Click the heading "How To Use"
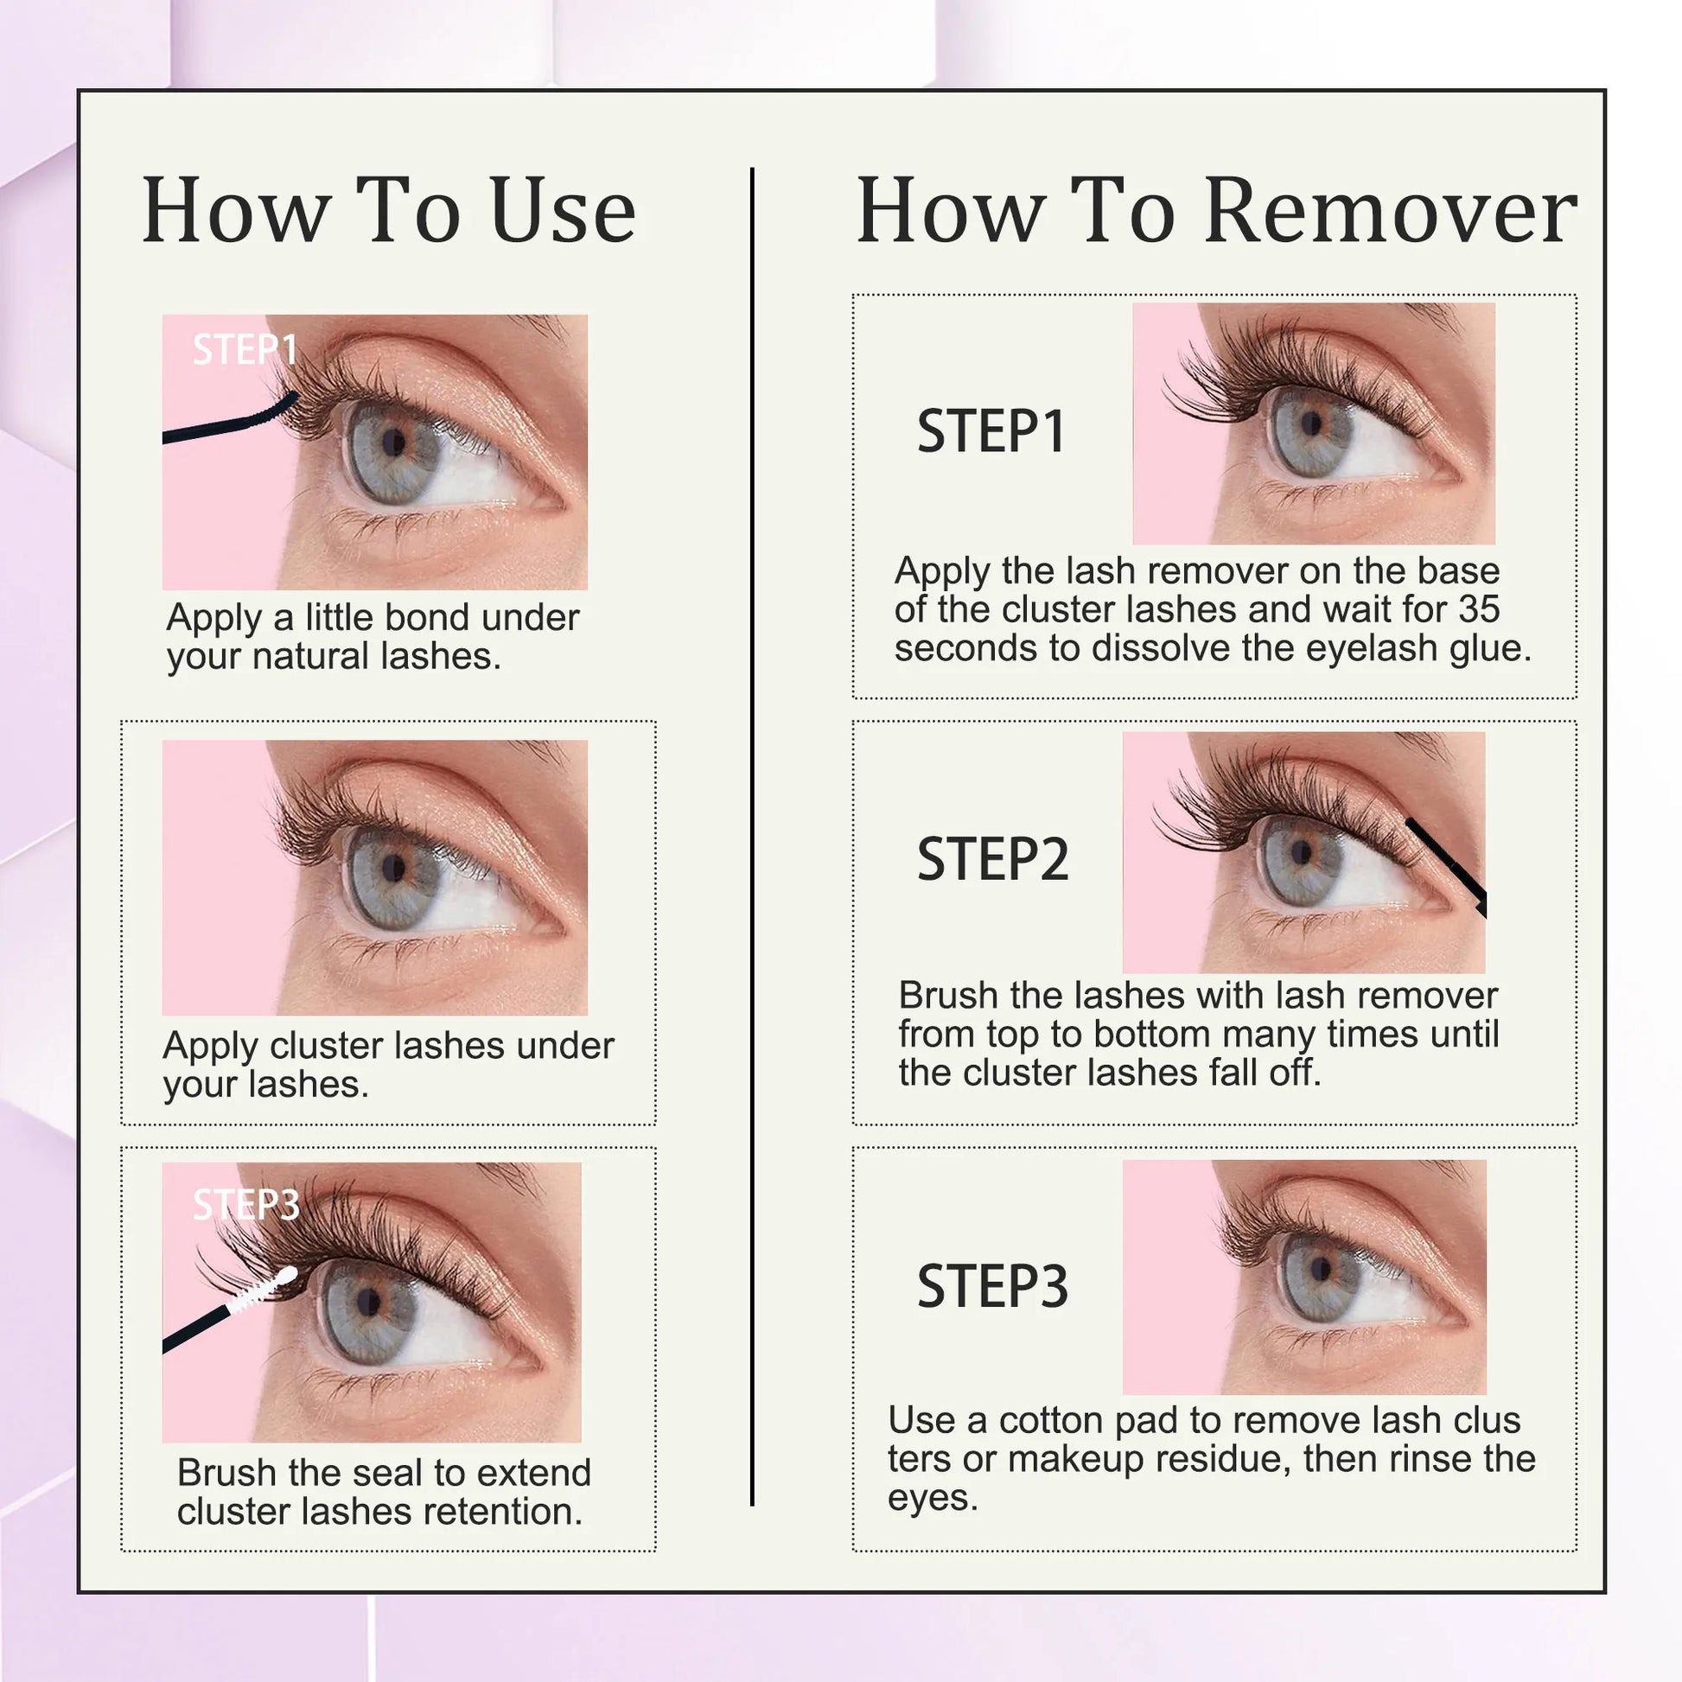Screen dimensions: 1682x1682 (x=389, y=210)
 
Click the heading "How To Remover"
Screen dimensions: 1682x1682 (x=1217, y=210)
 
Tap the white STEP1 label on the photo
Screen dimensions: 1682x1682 (x=245, y=350)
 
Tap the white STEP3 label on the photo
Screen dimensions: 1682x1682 (x=246, y=1205)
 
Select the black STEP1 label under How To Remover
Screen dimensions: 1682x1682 (x=991, y=431)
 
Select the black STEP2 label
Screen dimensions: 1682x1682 (x=992, y=858)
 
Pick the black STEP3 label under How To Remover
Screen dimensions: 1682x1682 (x=992, y=1286)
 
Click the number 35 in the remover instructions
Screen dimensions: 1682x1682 (x=1479, y=609)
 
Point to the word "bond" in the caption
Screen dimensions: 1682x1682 (x=428, y=617)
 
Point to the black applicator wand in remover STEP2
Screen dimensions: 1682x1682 (x=1446, y=865)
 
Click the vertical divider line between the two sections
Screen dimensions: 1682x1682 (x=752, y=837)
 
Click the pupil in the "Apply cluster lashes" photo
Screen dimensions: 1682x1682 (x=393, y=867)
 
